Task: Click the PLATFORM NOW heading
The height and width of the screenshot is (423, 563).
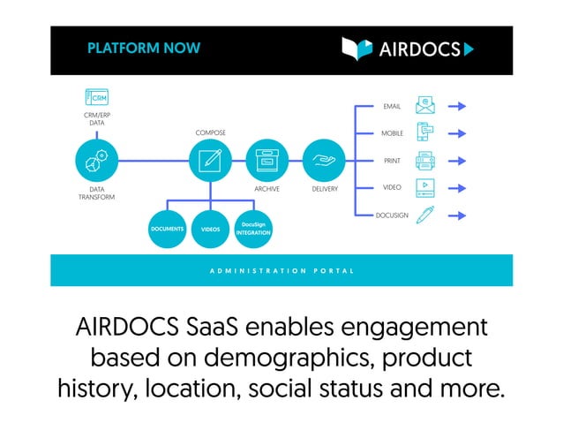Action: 144,49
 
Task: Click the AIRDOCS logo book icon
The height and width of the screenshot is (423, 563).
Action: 357,49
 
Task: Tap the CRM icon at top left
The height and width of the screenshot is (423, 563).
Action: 96,97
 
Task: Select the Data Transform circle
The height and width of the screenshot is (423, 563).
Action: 97,161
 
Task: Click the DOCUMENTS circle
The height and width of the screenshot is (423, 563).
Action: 167,229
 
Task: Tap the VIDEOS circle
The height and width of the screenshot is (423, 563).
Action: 210,229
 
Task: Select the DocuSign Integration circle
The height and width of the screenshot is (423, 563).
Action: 252,229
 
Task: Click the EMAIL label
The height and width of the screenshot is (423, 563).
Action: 392,107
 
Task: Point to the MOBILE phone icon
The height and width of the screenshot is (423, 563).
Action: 425,133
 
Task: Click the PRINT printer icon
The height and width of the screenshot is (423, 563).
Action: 425,161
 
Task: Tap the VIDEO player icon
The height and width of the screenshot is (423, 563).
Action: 425,187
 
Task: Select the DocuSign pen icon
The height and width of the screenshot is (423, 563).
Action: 425,215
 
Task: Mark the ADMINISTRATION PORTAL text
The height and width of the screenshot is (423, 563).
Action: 281,270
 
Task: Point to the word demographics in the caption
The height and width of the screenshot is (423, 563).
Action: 279,358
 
